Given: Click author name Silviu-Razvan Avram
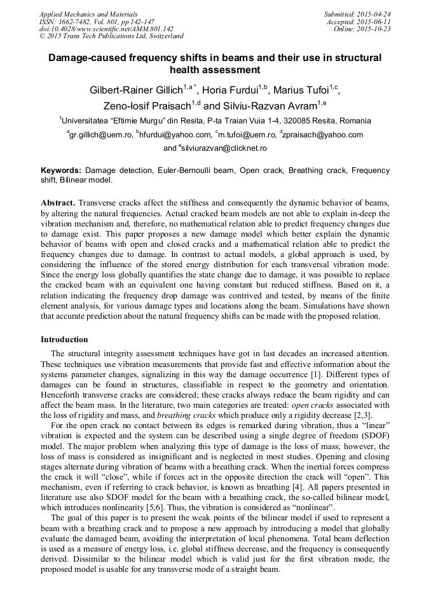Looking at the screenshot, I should pos(270,105).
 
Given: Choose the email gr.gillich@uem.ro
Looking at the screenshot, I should pos(101,135).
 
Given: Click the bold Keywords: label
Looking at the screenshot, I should pos(61,171).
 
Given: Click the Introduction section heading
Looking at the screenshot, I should pos(64,340).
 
